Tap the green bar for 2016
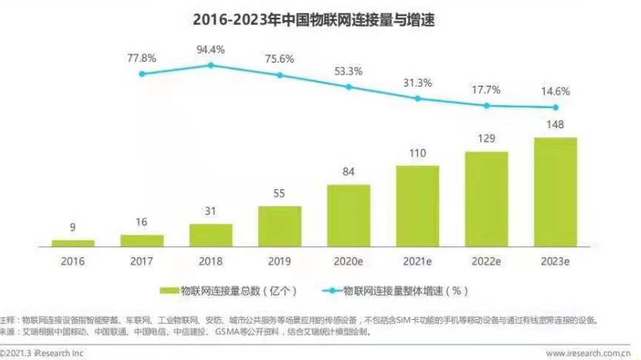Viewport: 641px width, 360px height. [73, 242]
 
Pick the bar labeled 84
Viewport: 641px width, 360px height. [348, 214]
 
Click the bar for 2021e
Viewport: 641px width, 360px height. [417, 204]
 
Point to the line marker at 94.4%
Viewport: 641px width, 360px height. [211, 65]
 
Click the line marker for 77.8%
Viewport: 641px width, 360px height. [142, 74]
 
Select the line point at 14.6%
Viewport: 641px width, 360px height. [555, 107]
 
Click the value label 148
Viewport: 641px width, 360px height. [555, 124]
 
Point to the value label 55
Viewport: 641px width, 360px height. [279, 193]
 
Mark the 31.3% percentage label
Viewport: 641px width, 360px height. [417, 83]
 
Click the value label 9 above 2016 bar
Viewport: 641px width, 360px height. [73, 227]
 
